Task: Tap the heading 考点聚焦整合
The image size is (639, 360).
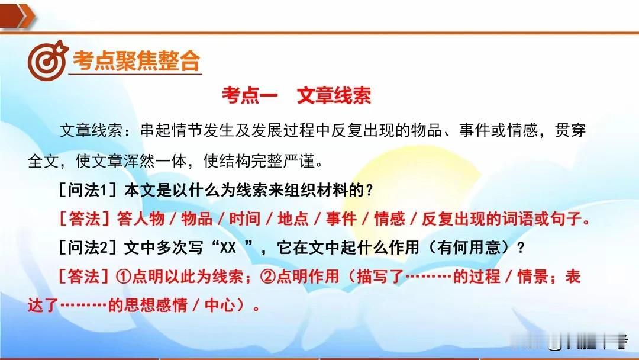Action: [137, 61]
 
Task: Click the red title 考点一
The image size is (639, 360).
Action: [250, 95]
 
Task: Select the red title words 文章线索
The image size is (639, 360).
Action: [334, 95]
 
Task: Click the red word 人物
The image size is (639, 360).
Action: [141, 219]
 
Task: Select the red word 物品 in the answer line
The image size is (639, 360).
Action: [196, 219]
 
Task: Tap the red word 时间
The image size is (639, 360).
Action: [244, 219]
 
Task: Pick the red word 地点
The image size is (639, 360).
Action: [293, 219]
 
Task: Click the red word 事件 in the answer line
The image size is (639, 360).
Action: [341, 219]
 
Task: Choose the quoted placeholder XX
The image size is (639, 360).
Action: [228, 247]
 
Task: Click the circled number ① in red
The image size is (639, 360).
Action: [124, 277]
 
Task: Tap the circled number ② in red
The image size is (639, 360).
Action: [268, 277]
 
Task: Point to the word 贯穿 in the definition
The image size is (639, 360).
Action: [570, 130]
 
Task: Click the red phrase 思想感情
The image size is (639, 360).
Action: [156, 305]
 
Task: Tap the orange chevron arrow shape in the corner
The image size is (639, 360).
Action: [18, 17]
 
